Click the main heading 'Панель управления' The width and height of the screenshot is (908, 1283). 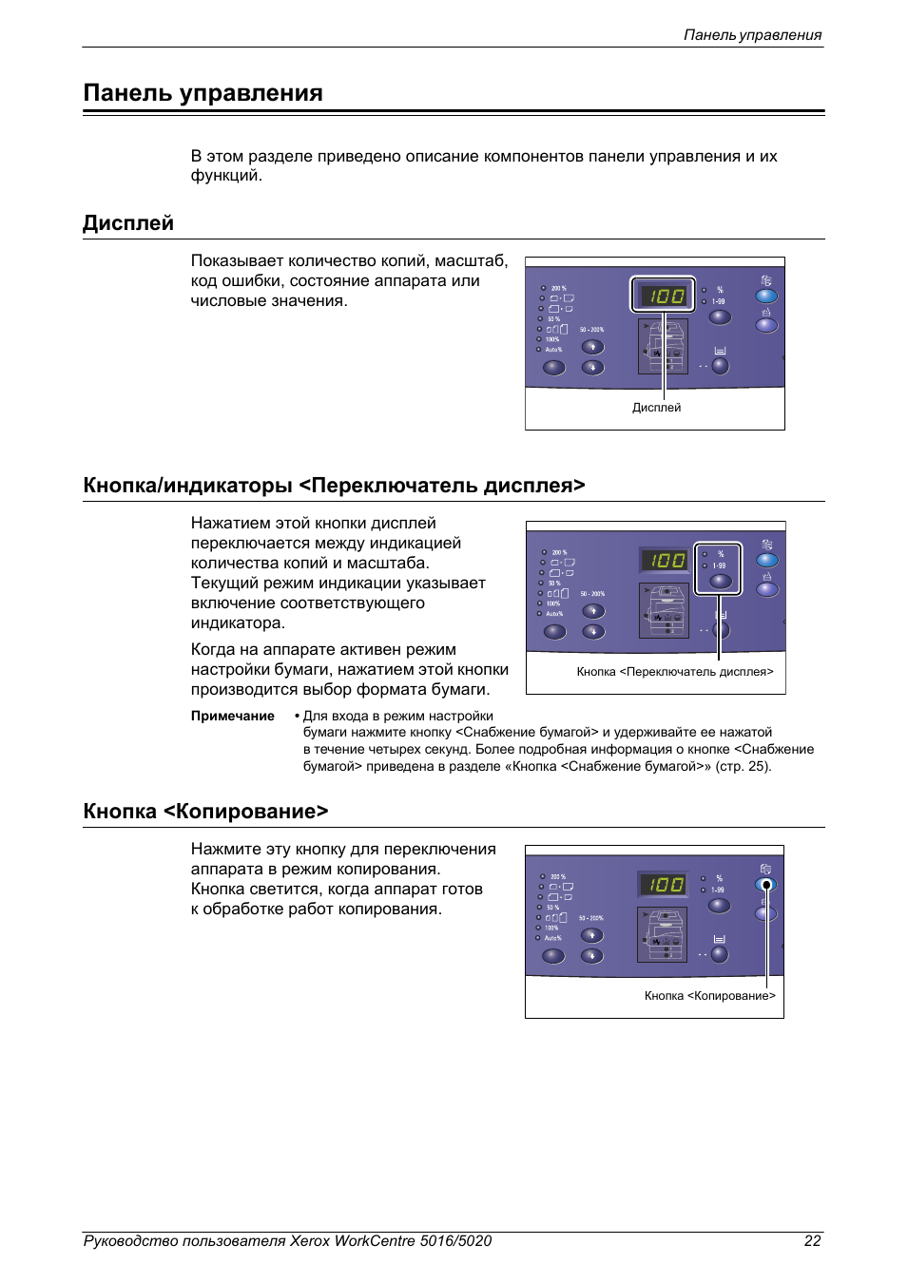pos(203,93)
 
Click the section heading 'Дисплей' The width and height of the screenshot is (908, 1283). pos(128,223)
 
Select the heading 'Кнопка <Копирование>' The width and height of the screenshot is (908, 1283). pos(205,812)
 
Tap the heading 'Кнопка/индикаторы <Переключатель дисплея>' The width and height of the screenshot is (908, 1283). pos(334,486)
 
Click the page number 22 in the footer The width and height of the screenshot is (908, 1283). pos(812,1240)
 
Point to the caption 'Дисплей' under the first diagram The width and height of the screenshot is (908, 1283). pos(656,408)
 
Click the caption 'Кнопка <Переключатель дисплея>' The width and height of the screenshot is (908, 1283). pos(674,672)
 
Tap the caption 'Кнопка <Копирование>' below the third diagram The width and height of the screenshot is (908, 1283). pos(709,996)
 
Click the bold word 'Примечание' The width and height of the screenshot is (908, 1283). pos(232,717)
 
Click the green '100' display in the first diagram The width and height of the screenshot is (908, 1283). pos(664,296)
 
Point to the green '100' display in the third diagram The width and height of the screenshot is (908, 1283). pos(663,884)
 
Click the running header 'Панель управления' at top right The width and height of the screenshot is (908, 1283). pos(752,35)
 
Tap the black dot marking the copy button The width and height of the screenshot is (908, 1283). pos(766,885)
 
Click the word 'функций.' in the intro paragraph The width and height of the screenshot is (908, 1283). pos(226,176)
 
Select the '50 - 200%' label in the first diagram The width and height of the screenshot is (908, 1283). pos(591,330)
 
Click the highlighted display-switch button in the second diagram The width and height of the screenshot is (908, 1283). pos(720,581)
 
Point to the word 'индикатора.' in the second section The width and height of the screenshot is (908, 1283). pos(238,623)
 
